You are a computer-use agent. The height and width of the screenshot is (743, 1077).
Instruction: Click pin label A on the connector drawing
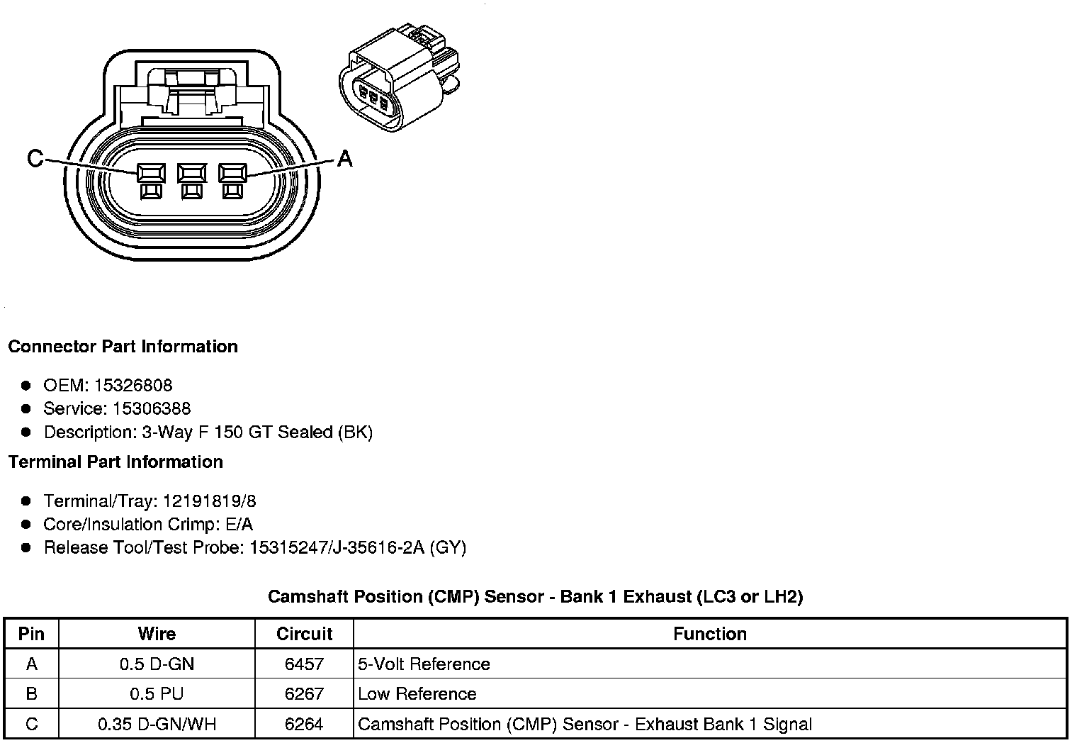pyautogui.click(x=344, y=158)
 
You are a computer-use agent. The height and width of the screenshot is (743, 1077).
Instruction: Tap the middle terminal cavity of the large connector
pyautogui.click(x=191, y=174)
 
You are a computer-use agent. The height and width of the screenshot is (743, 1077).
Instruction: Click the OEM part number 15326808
pyautogui.click(x=133, y=385)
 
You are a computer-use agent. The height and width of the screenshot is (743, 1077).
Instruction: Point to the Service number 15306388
pyautogui.click(x=152, y=408)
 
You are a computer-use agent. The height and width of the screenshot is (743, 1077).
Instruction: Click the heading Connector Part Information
pyautogui.click(x=123, y=347)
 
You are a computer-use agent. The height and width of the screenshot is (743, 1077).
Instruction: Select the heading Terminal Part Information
pyautogui.click(x=115, y=462)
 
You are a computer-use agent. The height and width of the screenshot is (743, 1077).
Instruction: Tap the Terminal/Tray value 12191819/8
pyautogui.click(x=210, y=501)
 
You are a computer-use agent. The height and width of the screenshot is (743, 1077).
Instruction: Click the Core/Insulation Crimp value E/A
pyautogui.click(x=237, y=524)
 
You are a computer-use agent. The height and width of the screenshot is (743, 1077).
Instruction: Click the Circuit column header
pyautogui.click(x=304, y=633)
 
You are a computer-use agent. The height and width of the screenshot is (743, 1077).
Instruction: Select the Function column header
pyautogui.click(x=710, y=633)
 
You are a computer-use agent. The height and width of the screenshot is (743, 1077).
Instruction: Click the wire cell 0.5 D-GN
pyautogui.click(x=157, y=664)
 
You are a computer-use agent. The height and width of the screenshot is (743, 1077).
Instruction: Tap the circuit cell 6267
pyautogui.click(x=304, y=694)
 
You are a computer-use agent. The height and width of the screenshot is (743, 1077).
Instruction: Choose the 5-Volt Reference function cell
pyautogui.click(x=424, y=664)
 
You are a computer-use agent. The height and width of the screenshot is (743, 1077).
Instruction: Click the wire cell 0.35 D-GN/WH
pyautogui.click(x=157, y=724)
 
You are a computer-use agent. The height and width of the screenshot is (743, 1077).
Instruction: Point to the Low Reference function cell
pyautogui.click(x=417, y=694)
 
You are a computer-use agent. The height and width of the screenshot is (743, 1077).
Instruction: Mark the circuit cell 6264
pyautogui.click(x=304, y=724)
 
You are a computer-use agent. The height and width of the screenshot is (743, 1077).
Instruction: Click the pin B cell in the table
pyautogui.click(x=31, y=694)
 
